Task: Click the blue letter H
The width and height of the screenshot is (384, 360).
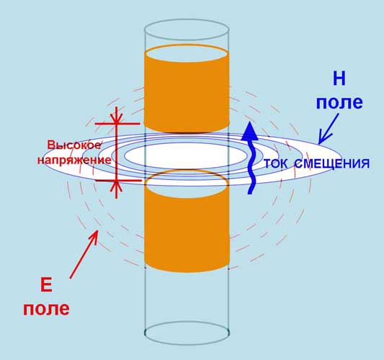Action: tap(339, 78)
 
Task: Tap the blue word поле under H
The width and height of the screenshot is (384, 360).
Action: tap(339, 102)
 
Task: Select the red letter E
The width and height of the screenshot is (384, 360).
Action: tap(46, 285)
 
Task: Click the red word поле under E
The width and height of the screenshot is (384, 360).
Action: tap(46, 309)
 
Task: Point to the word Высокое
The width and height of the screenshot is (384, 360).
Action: tap(74, 145)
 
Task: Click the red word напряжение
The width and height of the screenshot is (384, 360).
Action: tap(74, 160)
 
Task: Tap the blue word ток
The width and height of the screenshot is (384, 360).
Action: tap(276, 163)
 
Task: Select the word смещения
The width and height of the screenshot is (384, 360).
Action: tap(331, 163)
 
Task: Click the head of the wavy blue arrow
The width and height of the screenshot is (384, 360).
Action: tap(249, 131)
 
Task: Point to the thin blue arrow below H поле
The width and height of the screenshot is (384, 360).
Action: tap(329, 128)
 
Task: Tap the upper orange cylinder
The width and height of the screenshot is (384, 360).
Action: tap(187, 89)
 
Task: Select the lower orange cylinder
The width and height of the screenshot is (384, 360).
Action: tap(187, 221)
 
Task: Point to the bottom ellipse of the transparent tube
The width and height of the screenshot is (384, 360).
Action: tap(187, 345)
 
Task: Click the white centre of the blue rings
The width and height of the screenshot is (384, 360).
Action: tap(186, 156)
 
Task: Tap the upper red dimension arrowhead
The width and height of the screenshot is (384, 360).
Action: tap(117, 119)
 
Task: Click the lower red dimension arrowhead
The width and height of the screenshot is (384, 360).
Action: tap(117, 186)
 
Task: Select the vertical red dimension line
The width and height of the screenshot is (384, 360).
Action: tap(117, 152)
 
